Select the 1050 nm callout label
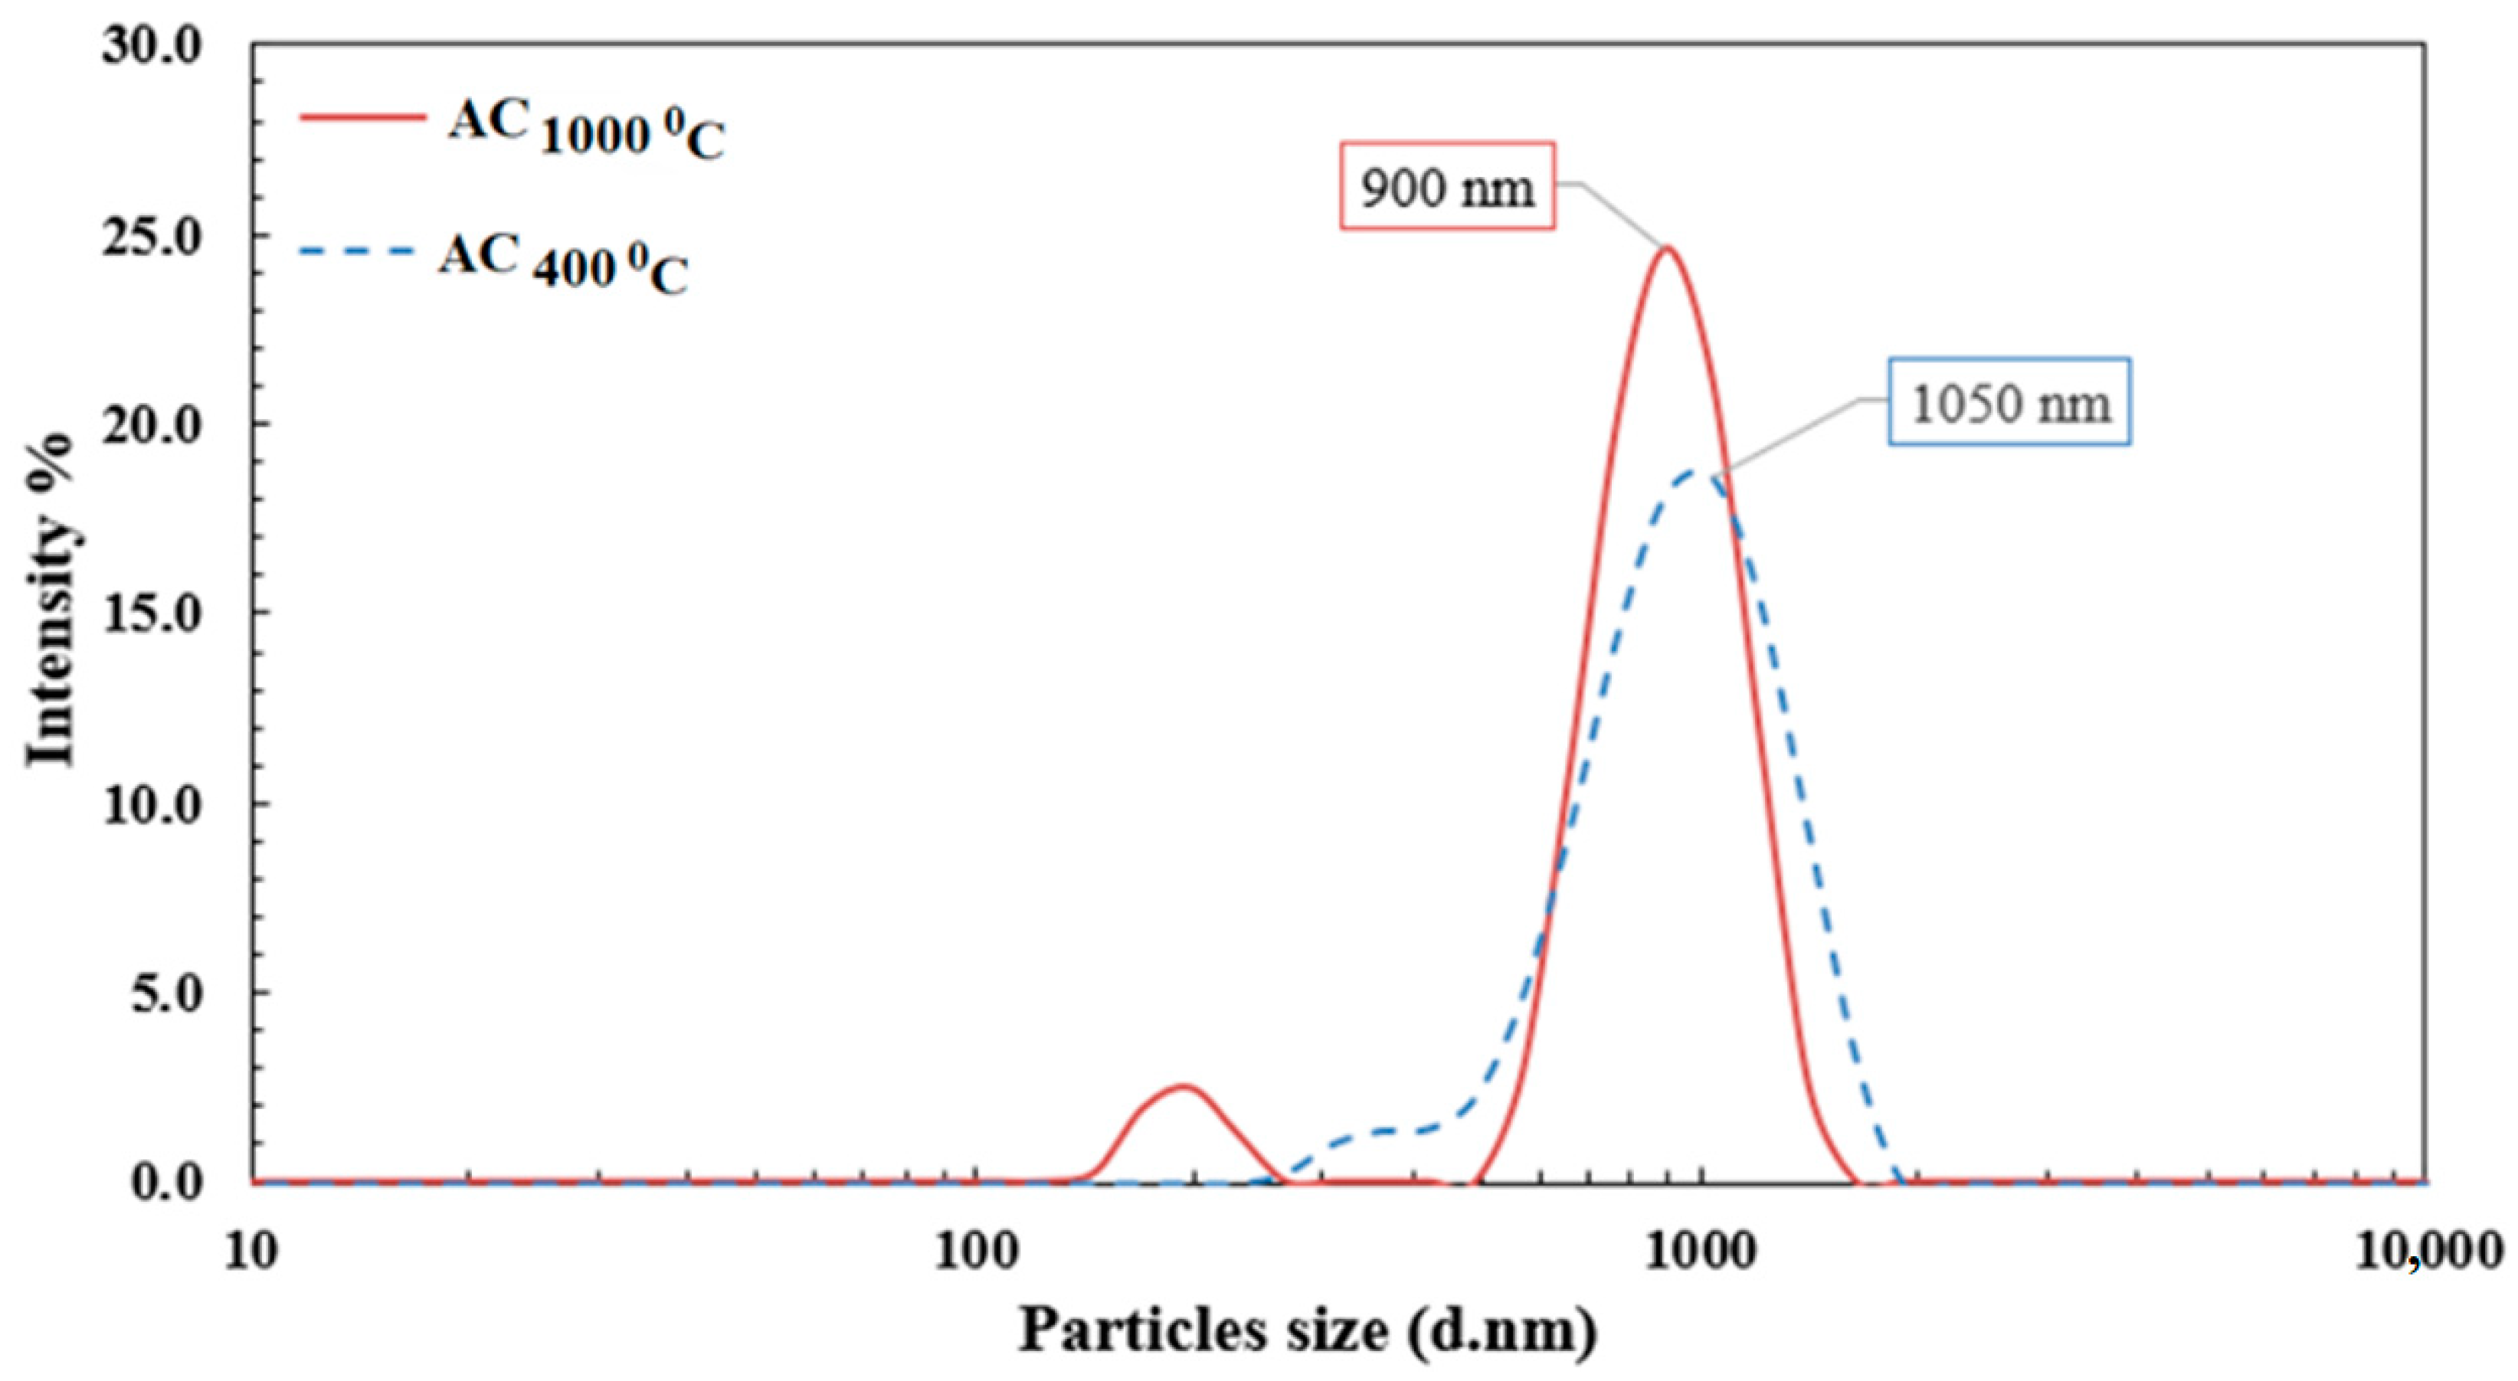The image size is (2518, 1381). tap(2009, 403)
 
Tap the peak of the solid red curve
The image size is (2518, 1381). tap(1668, 248)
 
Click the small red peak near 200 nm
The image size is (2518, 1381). tap(1183, 1087)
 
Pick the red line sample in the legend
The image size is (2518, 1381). tap(362, 117)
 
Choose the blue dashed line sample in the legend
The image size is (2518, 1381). tap(362, 251)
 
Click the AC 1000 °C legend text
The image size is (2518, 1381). tap(587, 131)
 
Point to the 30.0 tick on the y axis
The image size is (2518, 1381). tap(152, 46)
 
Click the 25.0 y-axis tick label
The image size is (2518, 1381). tap(152, 236)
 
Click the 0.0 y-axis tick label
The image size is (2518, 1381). tap(165, 1183)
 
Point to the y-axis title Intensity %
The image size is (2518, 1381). tap(49, 598)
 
